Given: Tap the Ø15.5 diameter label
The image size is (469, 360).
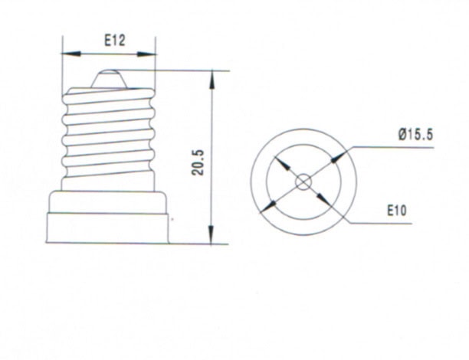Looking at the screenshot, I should (416, 134).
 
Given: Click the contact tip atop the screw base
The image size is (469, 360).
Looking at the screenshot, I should (108, 77).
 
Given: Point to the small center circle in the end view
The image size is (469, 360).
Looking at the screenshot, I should (303, 182).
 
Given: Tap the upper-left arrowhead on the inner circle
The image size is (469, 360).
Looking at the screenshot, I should (281, 164).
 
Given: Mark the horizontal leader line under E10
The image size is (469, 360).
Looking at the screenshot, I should (379, 224).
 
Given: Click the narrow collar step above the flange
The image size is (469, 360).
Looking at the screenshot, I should (108, 202).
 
